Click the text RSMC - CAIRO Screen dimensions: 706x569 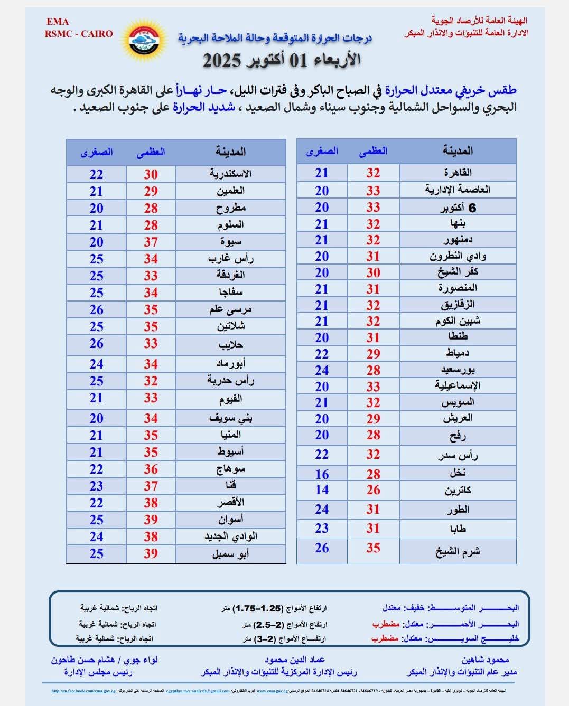[79, 34]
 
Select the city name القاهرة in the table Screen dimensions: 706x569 [458, 173]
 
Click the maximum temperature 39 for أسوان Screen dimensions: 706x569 [151, 520]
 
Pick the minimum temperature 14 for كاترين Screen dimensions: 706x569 [322, 490]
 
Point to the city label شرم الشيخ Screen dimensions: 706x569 [458, 552]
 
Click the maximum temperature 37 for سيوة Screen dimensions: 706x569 [151, 242]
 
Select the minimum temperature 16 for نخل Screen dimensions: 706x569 [322, 474]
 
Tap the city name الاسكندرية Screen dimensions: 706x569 [230, 174]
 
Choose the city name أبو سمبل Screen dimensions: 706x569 [230, 554]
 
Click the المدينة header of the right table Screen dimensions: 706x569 [458, 151]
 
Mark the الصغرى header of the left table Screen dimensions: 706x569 [97, 152]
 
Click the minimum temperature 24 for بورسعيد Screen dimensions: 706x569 [322, 370]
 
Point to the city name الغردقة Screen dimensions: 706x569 [230, 275]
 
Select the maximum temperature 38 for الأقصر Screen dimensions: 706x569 [151, 503]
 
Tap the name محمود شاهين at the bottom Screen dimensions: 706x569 [486, 660]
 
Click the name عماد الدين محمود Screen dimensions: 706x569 [295, 660]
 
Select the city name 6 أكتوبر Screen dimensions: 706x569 [458, 208]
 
